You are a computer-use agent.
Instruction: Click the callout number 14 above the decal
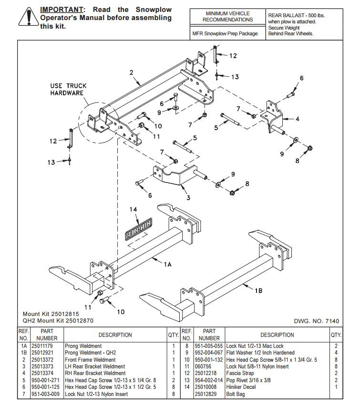coord(133,209)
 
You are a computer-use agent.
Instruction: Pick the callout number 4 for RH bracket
coord(298,119)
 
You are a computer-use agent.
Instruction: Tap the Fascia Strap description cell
coord(240,373)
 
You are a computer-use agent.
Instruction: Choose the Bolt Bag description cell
coord(235,394)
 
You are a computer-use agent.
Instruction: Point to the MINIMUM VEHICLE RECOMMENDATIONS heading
coord(227,17)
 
